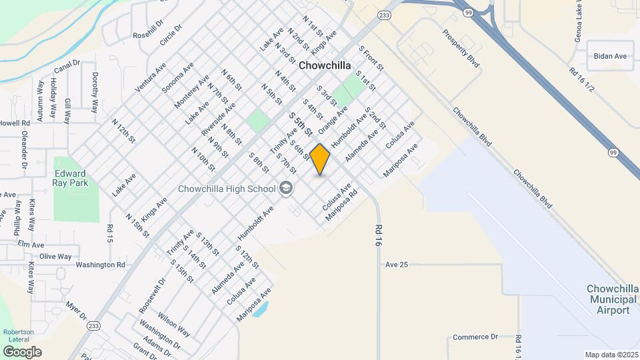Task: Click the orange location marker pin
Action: pos(320,159)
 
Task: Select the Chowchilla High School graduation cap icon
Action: pos(287,188)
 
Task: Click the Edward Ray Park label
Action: pos(70,177)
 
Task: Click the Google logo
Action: pos(22,351)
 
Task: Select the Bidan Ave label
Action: pos(611,57)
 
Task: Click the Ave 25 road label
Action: pos(396,265)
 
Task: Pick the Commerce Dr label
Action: pos(475,337)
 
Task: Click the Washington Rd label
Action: pos(100,265)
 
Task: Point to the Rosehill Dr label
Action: pos(148,35)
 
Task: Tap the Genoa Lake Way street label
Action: pos(579,21)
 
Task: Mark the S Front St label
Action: pos(371,59)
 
